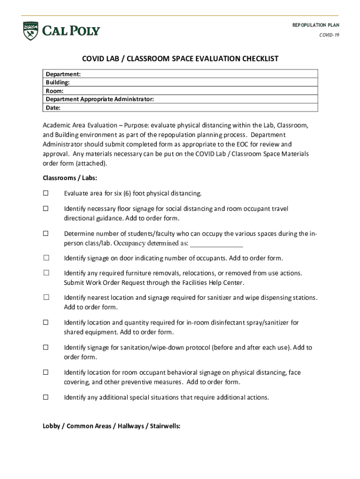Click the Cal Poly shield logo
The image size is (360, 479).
click(x=30, y=31)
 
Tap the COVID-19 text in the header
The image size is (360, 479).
click(x=329, y=35)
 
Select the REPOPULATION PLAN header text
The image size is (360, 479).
click(x=316, y=25)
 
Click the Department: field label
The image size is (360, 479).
click(x=63, y=74)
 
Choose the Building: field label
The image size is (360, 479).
click(x=58, y=83)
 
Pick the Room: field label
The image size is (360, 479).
click(x=55, y=91)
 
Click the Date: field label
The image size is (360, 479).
click(x=53, y=108)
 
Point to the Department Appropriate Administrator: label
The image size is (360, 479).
click(x=100, y=99)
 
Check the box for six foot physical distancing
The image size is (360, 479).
click(x=46, y=193)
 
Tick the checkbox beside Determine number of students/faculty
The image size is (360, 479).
click(x=46, y=233)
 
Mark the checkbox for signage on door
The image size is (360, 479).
click(x=46, y=258)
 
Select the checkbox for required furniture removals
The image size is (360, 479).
click(x=46, y=273)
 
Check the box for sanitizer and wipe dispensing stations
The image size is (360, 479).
click(x=46, y=298)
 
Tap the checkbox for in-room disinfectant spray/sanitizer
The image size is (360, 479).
click(x=46, y=322)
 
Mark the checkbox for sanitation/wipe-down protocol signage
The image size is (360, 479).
click(x=46, y=348)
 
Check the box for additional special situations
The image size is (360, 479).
click(x=46, y=397)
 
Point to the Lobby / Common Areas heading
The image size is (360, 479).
click(x=111, y=426)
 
